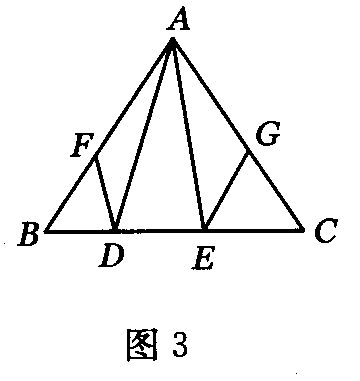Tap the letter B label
(29, 238)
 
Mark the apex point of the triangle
(173, 39)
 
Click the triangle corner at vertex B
(46, 230)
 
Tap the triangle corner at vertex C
(303, 230)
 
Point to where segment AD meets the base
(115, 230)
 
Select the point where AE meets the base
(204, 230)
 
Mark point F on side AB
(95, 157)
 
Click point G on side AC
(248, 150)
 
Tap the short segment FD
(105, 193)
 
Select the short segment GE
(226, 190)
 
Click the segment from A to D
(144, 135)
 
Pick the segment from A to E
(189, 135)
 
